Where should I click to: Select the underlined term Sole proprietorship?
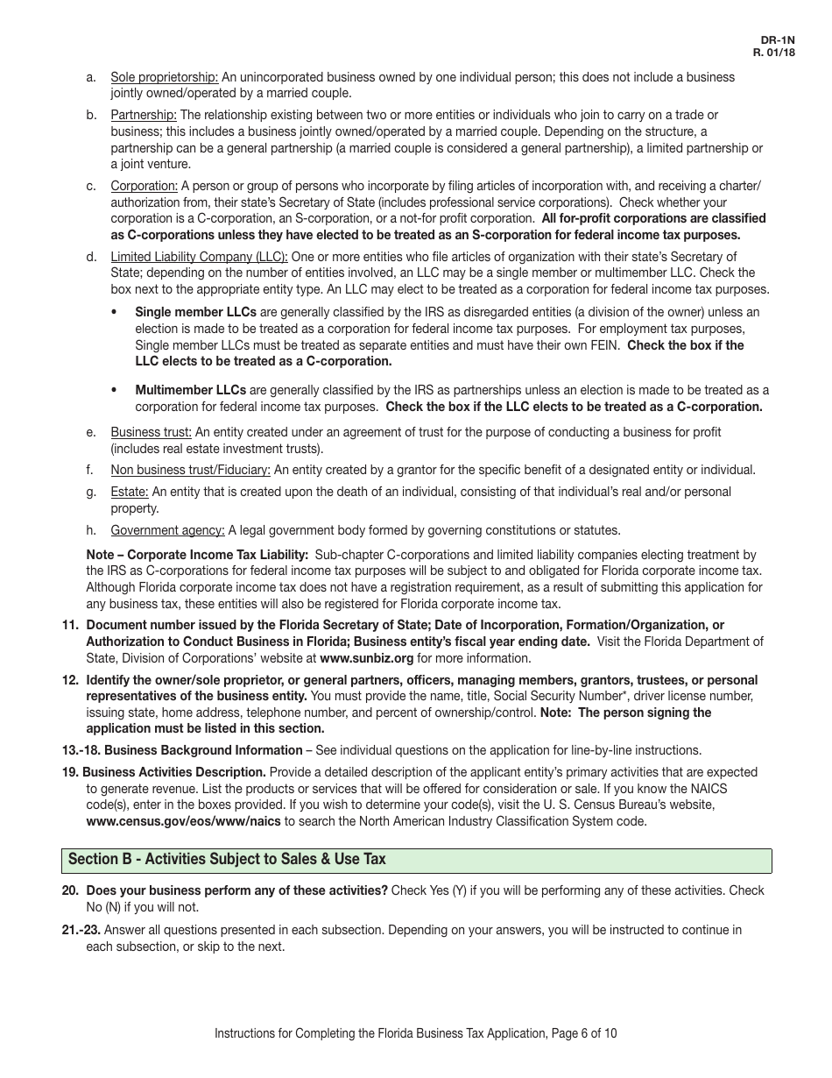coord(165,77)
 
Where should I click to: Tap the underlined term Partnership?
coord(144,115)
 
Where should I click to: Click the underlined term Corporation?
coord(145,186)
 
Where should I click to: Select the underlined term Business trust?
coord(151,432)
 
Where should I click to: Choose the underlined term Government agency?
coord(167,530)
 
